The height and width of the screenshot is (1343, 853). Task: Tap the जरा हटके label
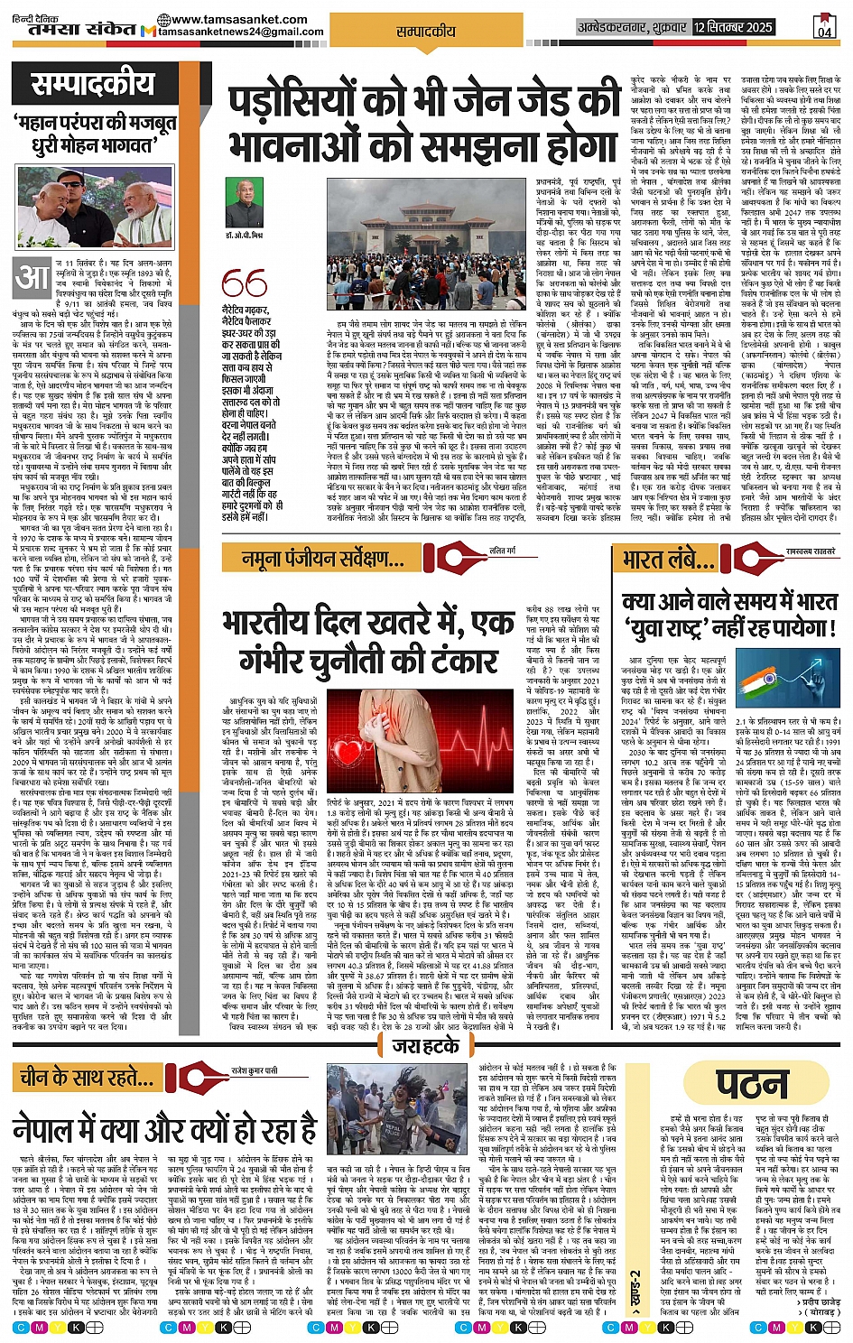pos(425,1047)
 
